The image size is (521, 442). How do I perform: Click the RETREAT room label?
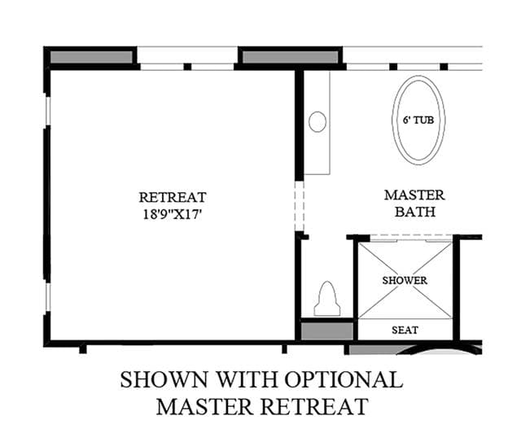tap(173, 198)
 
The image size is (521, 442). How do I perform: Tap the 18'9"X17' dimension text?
tap(173, 214)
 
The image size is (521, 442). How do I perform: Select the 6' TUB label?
tap(418, 120)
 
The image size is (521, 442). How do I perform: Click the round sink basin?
tap(317, 121)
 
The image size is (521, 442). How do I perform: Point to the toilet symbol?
tap(327, 299)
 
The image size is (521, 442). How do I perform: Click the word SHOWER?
tap(405, 281)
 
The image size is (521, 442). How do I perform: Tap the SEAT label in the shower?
tap(405, 330)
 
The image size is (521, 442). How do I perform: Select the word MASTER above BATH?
tap(414, 195)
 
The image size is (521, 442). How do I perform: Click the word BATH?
tap(415, 212)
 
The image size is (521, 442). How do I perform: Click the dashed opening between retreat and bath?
tap(300, 206)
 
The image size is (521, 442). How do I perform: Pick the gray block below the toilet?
tap(327, 331)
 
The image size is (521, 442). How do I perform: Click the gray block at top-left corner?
tap(91, 57)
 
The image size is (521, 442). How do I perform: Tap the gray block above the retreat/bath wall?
tap(290, 57)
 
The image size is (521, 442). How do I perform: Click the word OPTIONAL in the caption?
tap(344, 379)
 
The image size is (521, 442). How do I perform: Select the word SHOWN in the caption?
tap(164, 379)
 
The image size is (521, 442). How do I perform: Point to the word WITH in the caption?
tap(247, 379)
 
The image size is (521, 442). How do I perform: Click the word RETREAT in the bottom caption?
tap(314, 406)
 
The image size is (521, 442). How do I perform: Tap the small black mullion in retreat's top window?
tap(187, 67)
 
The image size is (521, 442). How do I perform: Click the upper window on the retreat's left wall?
tap(48, 111)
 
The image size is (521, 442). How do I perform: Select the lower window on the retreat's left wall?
tap(48, 297)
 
